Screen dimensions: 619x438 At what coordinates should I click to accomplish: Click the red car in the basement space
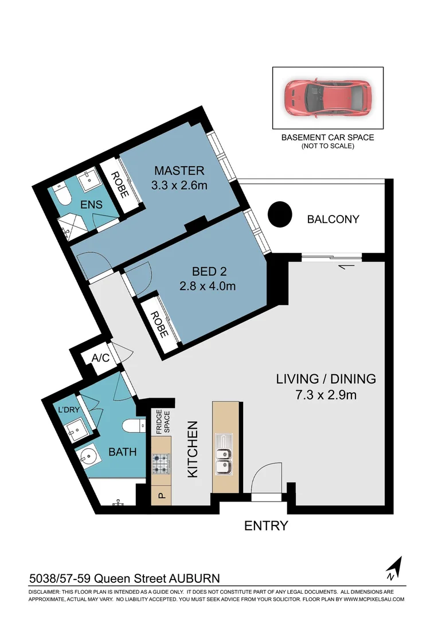[x=327, y=98]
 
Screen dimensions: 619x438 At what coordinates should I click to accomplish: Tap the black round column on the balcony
[x=280, y=215]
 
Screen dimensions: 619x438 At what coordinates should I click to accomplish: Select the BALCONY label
[x=333, y=219]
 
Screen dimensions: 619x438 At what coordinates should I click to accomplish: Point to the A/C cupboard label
[x=101, y=358]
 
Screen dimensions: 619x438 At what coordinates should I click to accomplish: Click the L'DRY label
[x=68, y=410]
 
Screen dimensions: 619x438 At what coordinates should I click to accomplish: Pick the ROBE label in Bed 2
[x=155, y=324]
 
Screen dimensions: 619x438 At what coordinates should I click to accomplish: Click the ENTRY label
[x=266, y=526]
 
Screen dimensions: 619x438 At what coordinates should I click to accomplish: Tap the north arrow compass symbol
[x=394, y=568]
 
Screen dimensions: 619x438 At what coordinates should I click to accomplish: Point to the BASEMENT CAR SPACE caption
[x=327, y=138]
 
